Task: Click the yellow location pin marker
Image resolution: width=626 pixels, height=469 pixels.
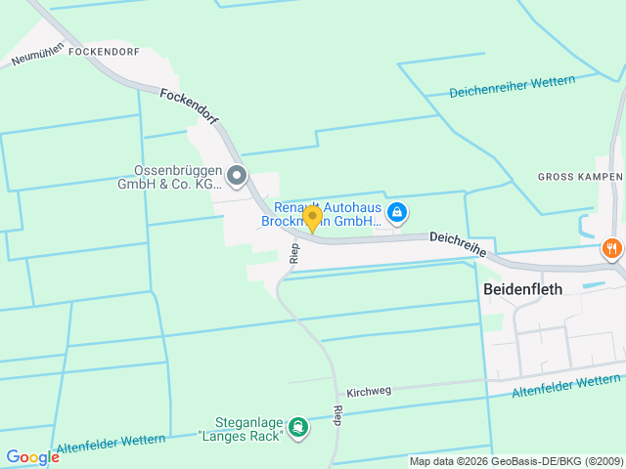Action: (312, 218)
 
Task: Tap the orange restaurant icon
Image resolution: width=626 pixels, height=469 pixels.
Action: (612, 248)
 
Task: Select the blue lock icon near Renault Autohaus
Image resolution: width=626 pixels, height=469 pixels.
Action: (397, 212)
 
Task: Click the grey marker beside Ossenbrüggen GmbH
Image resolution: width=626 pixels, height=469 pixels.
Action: (237, 177)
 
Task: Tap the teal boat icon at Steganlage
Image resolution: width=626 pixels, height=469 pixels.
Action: (298, 427)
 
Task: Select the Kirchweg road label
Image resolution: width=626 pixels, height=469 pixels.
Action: (369, 390)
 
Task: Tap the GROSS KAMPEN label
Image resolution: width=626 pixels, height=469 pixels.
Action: (580, 177)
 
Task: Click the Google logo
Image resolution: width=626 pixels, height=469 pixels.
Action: (32, 457)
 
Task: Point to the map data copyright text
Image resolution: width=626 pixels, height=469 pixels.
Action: (515, 461)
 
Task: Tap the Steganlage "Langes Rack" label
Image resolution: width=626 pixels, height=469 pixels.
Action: (240, 428)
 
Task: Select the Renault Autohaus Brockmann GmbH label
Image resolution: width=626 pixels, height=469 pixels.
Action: (326, 214)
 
